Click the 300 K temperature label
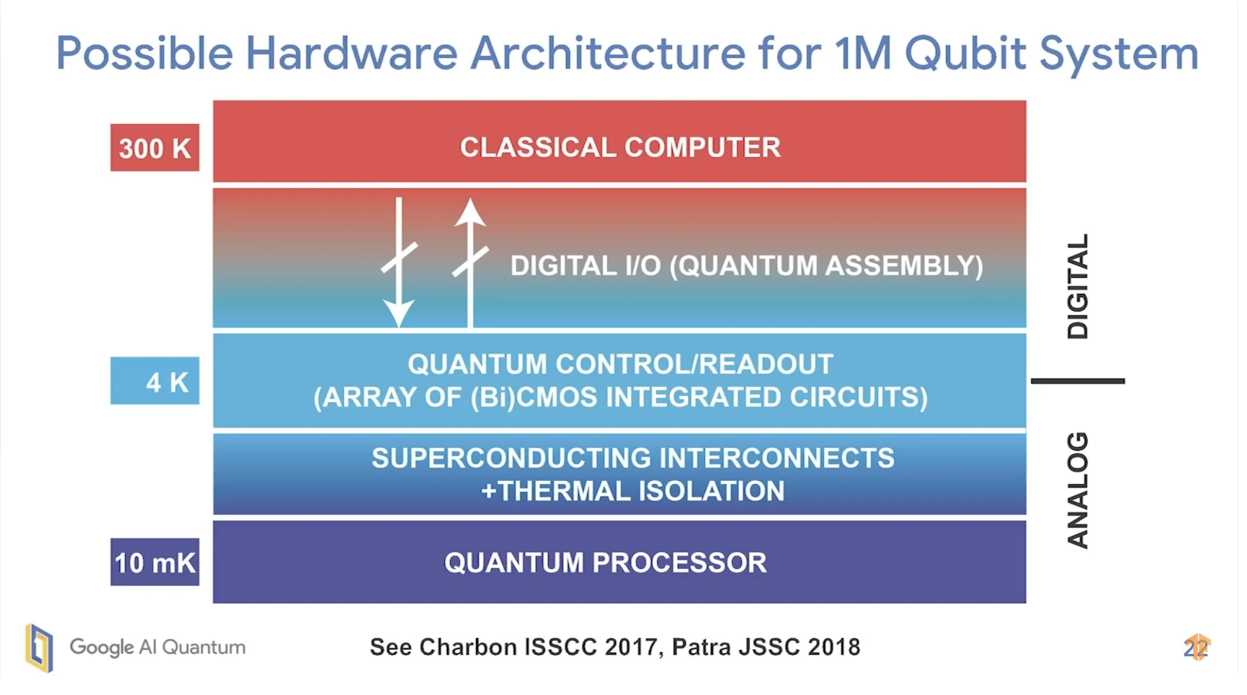coord(155,148)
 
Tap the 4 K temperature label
coord(155,381)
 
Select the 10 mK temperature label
coord(155,562)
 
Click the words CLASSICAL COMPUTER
coord(620,147)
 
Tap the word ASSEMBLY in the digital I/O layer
coord(904,266)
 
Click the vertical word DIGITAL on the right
coord(1078,287)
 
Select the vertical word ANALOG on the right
coord(1078,490)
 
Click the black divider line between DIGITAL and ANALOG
coord(1078,381)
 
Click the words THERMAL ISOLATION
coord(642,491)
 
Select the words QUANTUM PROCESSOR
coord(605,563)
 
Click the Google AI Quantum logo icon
coord(39,648)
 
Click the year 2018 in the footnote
coord(834,647)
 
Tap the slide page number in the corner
coord(1197,648)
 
